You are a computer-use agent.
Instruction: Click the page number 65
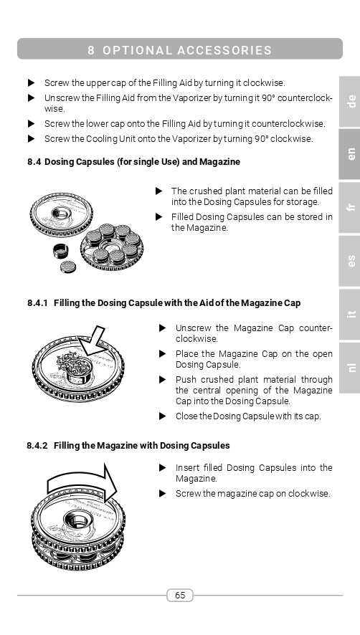point(180,595)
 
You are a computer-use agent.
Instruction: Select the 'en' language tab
point(350,154)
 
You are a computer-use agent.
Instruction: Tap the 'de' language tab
point(350,101)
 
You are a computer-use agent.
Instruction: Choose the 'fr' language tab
point(350,207)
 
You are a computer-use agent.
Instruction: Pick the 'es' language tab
point(350,261)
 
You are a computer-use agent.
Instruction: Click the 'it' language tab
point(350,314)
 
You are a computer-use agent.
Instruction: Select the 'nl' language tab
point(350,368)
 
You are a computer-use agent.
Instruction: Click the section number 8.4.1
point(38,303)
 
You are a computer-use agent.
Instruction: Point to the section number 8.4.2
point(37,446)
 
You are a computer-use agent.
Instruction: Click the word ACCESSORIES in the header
point(224,50)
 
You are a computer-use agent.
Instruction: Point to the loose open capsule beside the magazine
point(60,251)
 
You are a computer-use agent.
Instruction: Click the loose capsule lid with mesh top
point(67,267)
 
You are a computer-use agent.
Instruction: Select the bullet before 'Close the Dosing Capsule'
point(163,416)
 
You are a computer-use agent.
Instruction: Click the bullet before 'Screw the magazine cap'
point(163,494)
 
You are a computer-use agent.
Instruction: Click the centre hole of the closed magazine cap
point(76,519)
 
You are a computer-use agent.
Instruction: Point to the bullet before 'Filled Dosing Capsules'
point(159,217)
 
